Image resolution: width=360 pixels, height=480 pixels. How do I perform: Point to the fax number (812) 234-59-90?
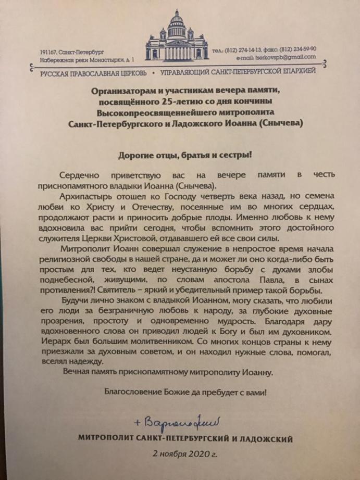click(299, 49)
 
